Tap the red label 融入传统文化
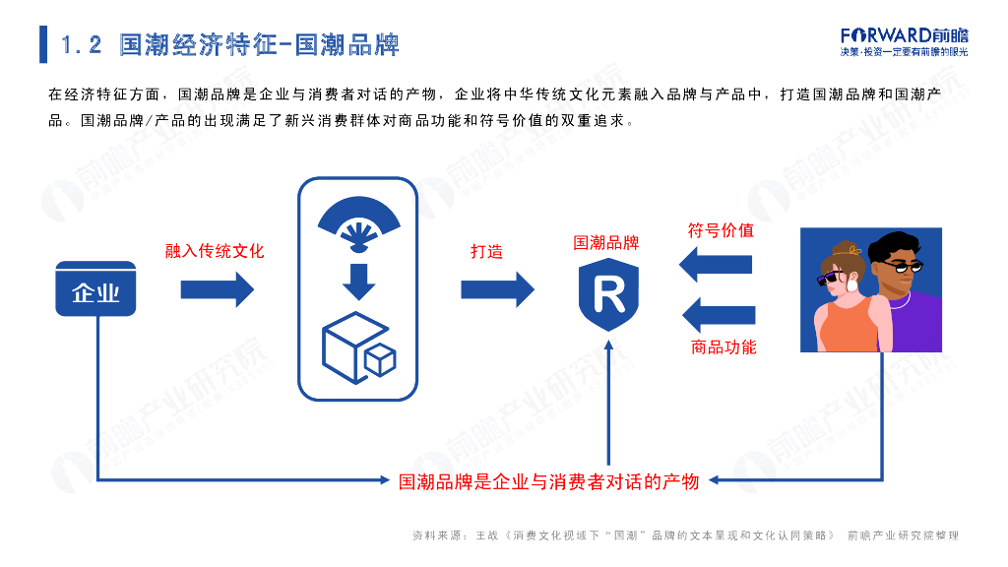[215, 251]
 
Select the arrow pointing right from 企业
[218, 289]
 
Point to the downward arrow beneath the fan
[358, 283]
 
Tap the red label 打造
[486, 251]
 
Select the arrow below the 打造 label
[497, 289]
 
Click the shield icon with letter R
[607, 293]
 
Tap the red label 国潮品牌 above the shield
[606, 242]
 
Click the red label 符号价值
[721, 230]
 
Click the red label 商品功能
[724, 346]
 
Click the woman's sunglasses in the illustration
[834, 279]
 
